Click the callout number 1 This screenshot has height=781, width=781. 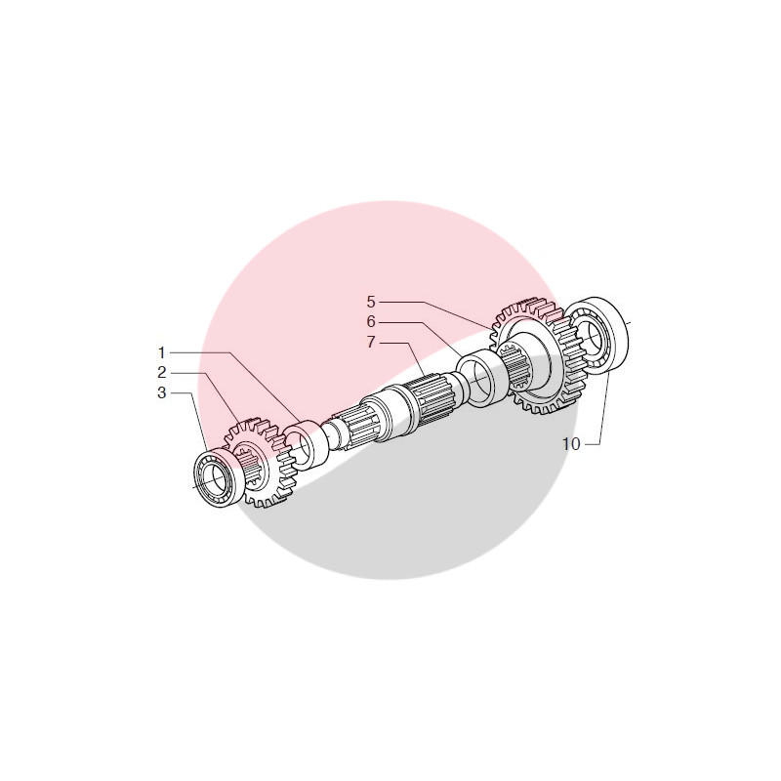[x=162, y=351]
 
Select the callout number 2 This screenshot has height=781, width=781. [x=162, y=372]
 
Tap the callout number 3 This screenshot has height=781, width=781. [x=162, y=392]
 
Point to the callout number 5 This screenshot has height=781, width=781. [x=371, y=301]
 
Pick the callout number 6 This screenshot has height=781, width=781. [x=371, y=321]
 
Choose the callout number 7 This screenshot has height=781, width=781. [x=371, y=342]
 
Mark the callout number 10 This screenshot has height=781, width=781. [x=571, y=443]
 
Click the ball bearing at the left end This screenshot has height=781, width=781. [x=215, y=478]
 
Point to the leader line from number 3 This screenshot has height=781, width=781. [x=195, y=430]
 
